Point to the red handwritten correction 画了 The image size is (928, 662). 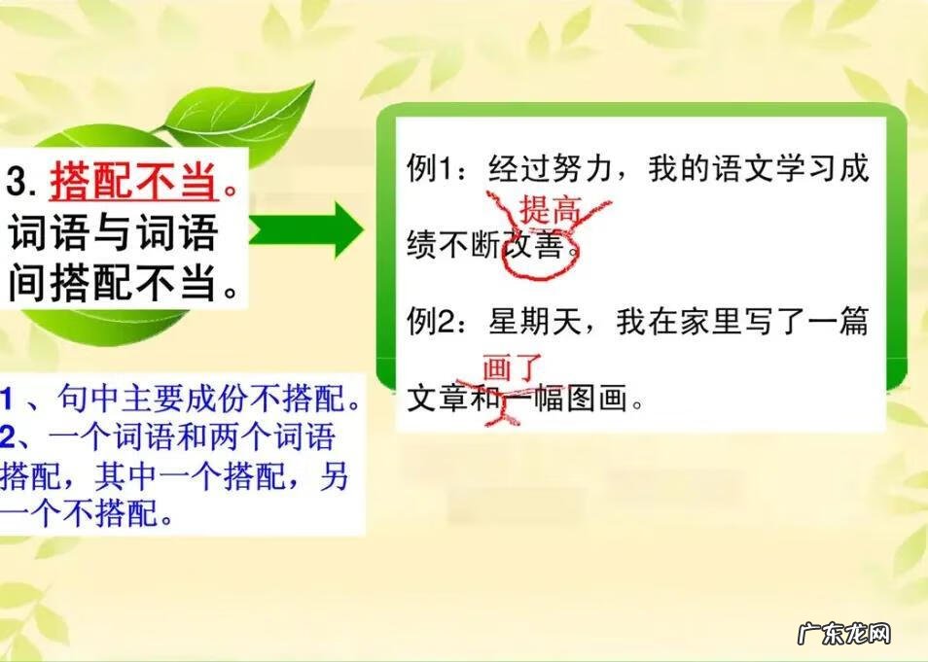[x=512, y=369]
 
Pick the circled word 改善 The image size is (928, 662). [x=535, y=248]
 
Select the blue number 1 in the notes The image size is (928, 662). [x=7, y=398]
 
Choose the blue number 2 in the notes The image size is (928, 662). [x=9, y=434]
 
